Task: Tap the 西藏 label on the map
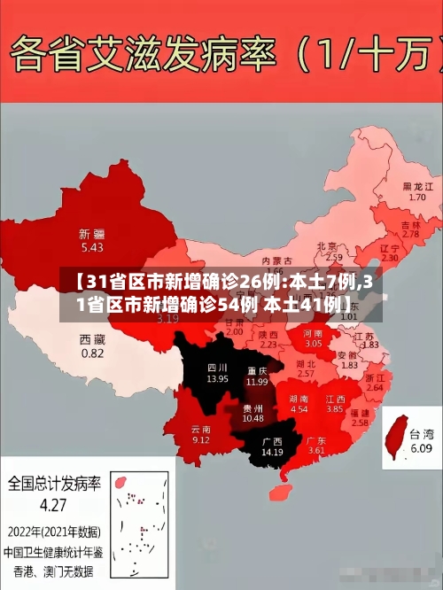92,339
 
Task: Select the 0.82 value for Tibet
92,353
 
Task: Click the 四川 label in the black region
217,367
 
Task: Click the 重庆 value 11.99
257,382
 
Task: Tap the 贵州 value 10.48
253,418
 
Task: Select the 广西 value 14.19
272,452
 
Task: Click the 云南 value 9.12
201,439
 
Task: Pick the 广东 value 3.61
316,450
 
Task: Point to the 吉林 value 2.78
411,235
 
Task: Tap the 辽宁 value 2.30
389,258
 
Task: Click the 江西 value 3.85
334,409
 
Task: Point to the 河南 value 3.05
314,343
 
